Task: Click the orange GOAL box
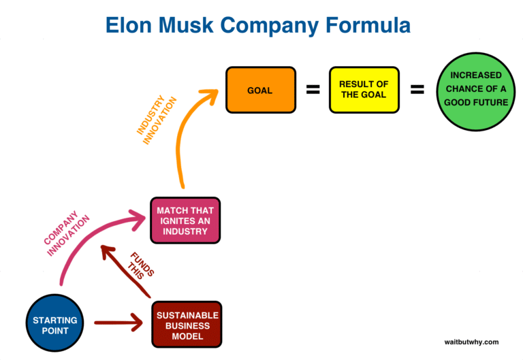tap(261, 89)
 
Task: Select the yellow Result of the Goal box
tap(364, 89)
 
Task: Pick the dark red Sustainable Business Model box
tap(187, 325)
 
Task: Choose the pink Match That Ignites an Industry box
tap(186, 220)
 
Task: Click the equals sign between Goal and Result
tap(313, 89)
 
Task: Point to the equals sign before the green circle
tap(417, 89)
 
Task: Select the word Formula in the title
tap(371, 26)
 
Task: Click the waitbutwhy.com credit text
tap(471, 342)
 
